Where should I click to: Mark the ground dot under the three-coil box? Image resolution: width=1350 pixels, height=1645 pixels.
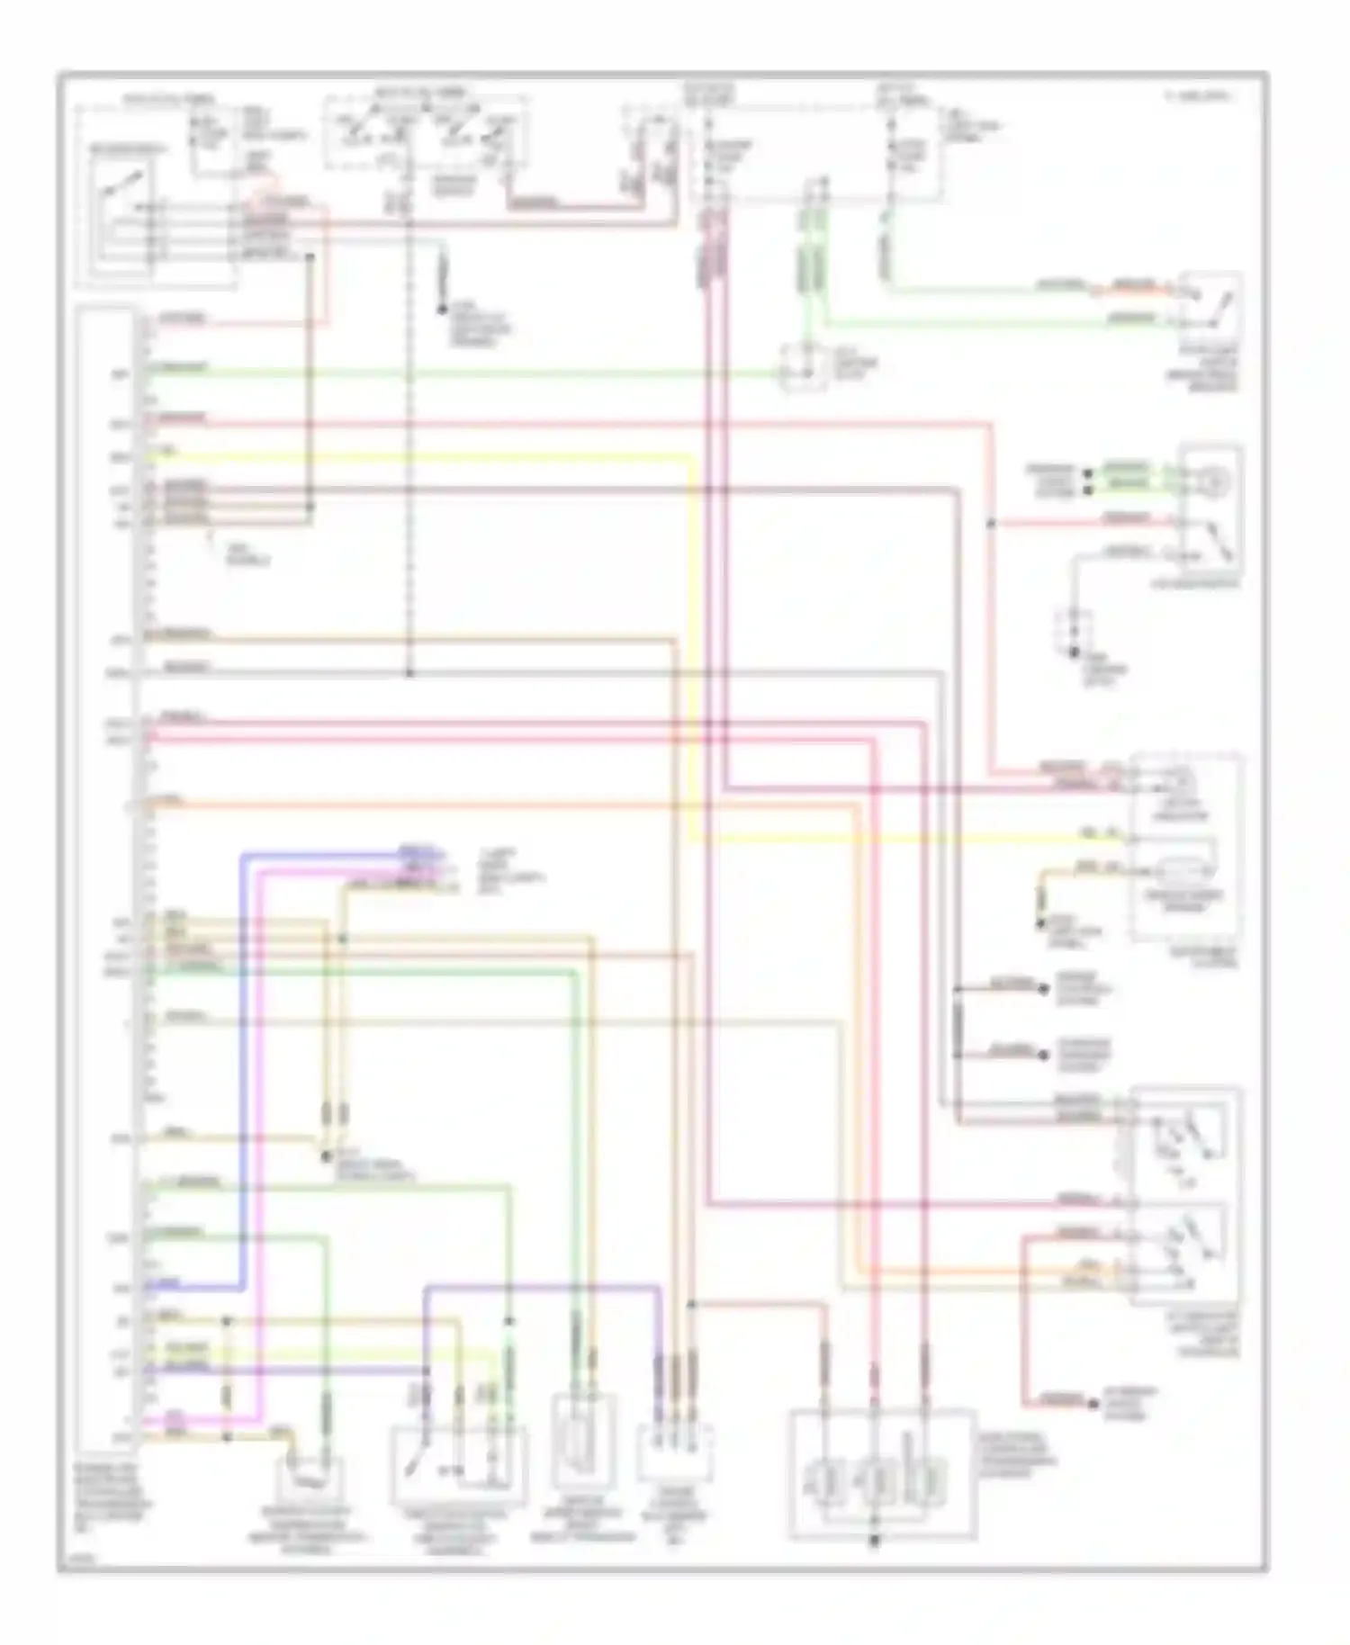point(875,1542)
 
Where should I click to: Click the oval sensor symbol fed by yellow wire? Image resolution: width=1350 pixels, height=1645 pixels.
point(1183,871)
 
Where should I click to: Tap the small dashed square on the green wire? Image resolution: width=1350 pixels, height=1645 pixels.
point(804,367)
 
